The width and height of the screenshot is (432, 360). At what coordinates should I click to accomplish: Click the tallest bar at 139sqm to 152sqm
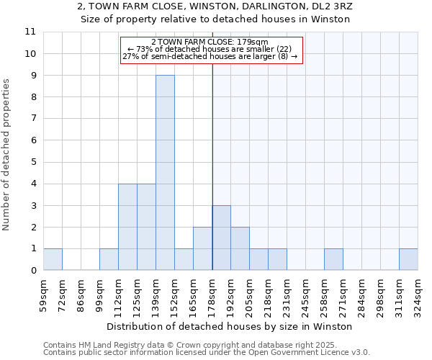point(165,173)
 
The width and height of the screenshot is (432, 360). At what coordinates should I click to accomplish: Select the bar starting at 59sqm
point(53,259)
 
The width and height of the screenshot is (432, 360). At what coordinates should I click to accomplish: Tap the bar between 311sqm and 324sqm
point(408,259)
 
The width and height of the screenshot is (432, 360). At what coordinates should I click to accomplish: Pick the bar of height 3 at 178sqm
point(221,238)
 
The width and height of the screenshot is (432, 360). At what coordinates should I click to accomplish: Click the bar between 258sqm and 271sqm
point(333,259)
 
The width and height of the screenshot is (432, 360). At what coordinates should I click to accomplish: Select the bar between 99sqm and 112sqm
point(109,259)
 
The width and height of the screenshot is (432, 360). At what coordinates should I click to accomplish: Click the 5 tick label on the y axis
point(32,162)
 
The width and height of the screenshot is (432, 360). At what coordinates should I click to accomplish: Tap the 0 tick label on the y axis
point(32,271)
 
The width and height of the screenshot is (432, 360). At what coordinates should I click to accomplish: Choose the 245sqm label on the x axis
point(305,295)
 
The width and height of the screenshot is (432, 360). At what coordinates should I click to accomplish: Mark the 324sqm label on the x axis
point(418,295)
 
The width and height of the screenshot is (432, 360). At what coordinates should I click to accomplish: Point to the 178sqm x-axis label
point(212,295)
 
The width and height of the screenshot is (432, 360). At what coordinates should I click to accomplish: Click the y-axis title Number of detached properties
point(6,155)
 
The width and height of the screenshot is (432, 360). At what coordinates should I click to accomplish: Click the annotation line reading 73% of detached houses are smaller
point(210,49)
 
